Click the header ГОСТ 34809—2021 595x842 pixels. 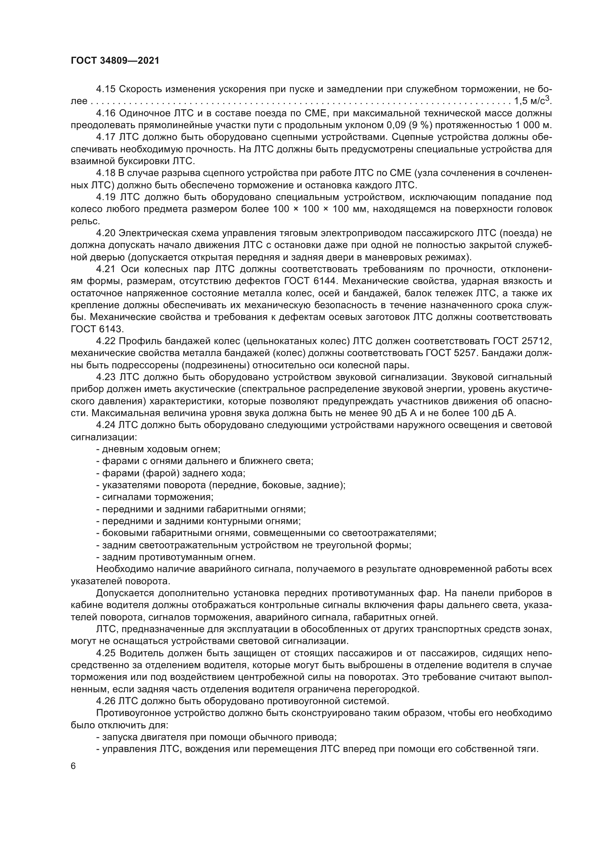115,61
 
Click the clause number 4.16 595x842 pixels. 106,113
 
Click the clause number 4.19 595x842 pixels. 106,197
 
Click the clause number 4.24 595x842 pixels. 106,425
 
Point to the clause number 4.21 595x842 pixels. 106,269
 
